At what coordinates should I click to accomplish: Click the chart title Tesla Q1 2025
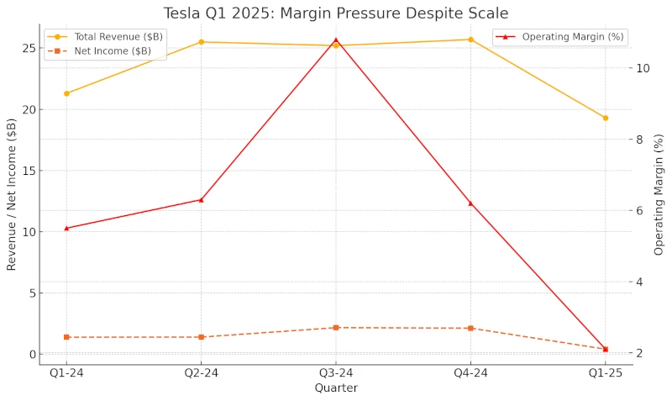tap(336, 13)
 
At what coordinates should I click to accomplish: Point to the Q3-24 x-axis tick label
tap(336, 372)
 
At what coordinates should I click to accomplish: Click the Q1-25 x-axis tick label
tap(605, 372)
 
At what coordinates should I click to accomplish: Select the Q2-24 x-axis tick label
tap(201, 372)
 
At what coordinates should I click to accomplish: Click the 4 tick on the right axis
tap(640, 282)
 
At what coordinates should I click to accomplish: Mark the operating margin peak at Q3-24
tap(336, 40)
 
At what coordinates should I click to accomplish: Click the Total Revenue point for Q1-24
tap(66, 93)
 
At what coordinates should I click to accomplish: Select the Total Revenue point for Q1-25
tap(605, 118)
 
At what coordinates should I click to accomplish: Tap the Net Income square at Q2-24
tap(201, 337)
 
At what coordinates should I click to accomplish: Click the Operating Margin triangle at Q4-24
tap(470, 203)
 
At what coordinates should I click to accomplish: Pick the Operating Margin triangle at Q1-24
tap(66, 228)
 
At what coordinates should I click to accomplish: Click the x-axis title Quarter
tap(336, 388)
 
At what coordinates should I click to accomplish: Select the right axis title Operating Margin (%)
tap(659, 194)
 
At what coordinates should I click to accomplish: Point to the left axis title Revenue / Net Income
tap(12, 194)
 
